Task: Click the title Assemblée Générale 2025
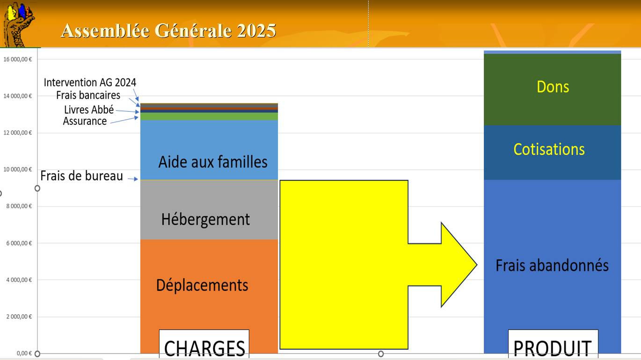pos(168,30)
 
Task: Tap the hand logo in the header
pos(18,24)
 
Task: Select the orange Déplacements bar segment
pos(209,296)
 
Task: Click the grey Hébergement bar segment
pos(209,210)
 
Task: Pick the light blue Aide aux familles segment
pos(209,150)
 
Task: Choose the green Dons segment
pos(552,89)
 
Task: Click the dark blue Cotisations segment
pos(552,152)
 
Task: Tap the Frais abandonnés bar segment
pos(552,266)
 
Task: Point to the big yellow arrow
pos(378,265)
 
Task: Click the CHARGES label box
pos(204,344)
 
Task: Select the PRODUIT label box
pos(553,344)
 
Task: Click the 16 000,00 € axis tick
pos(17,59)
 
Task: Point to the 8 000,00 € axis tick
pos(19,206)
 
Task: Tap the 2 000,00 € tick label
pos(19,317)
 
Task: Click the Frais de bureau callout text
pos(81,176)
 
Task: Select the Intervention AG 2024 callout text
pos(90,83)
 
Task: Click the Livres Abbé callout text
pos(89,109)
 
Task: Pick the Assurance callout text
pos(85,121)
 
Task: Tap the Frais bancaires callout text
pos(88,95)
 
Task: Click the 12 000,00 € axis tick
pos(17,133)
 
